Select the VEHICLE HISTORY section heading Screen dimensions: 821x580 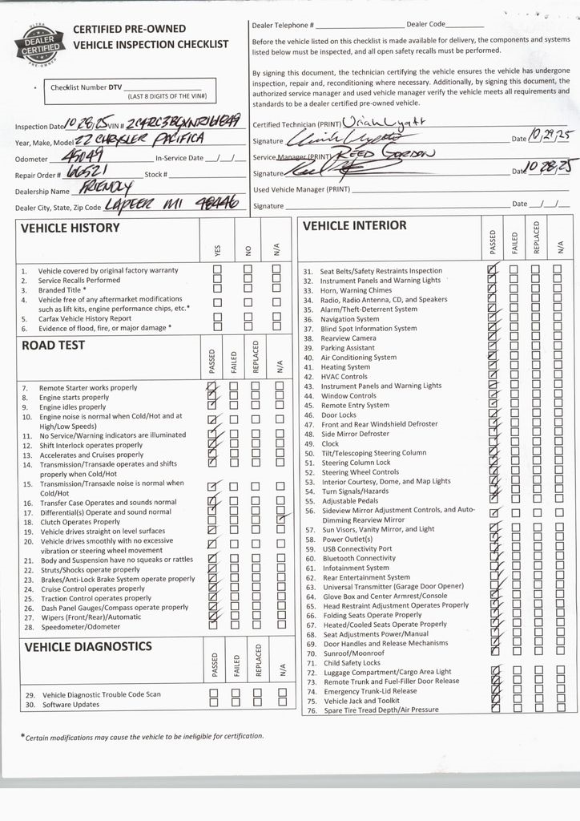tap(70, 228)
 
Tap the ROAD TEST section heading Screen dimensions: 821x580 tap(53, 346)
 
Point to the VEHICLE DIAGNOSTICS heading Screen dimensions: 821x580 tap(88, 646)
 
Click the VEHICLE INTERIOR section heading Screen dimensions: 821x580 tap(354, 226)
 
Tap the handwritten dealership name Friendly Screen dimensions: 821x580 tap(102, 188)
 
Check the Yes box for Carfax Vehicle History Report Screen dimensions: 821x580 tap(217, 317)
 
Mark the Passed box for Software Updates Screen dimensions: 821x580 tap(214, 703)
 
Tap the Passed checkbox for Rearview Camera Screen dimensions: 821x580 tap(493, 338)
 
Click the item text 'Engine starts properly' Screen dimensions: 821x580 tap(74, 397)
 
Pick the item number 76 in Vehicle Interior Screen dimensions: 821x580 tap(308, 710)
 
